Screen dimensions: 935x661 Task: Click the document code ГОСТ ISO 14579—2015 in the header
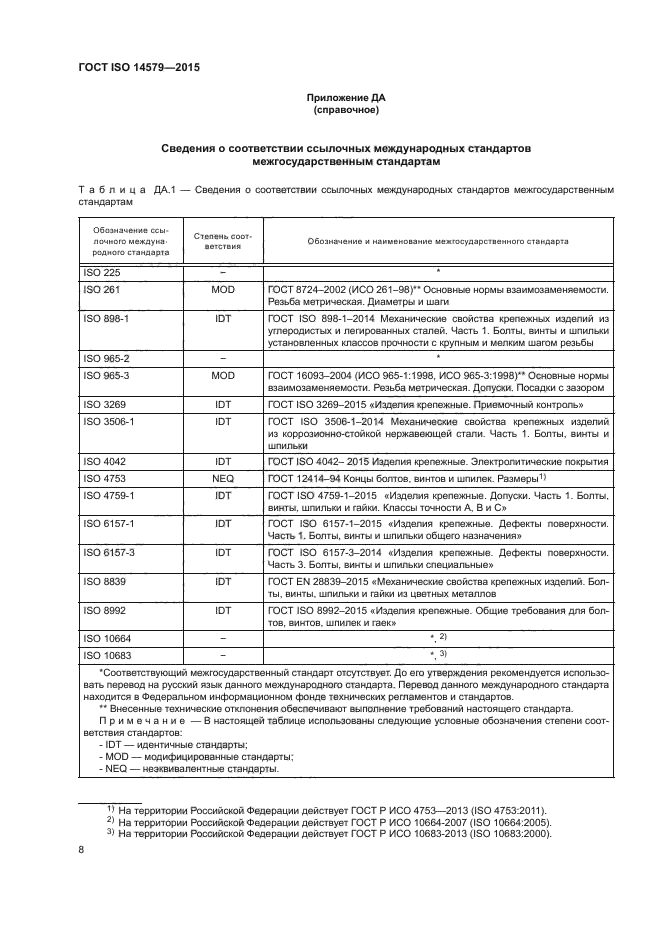click(x=145, y=68)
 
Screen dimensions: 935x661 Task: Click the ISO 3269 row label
click(x=101, y=405)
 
